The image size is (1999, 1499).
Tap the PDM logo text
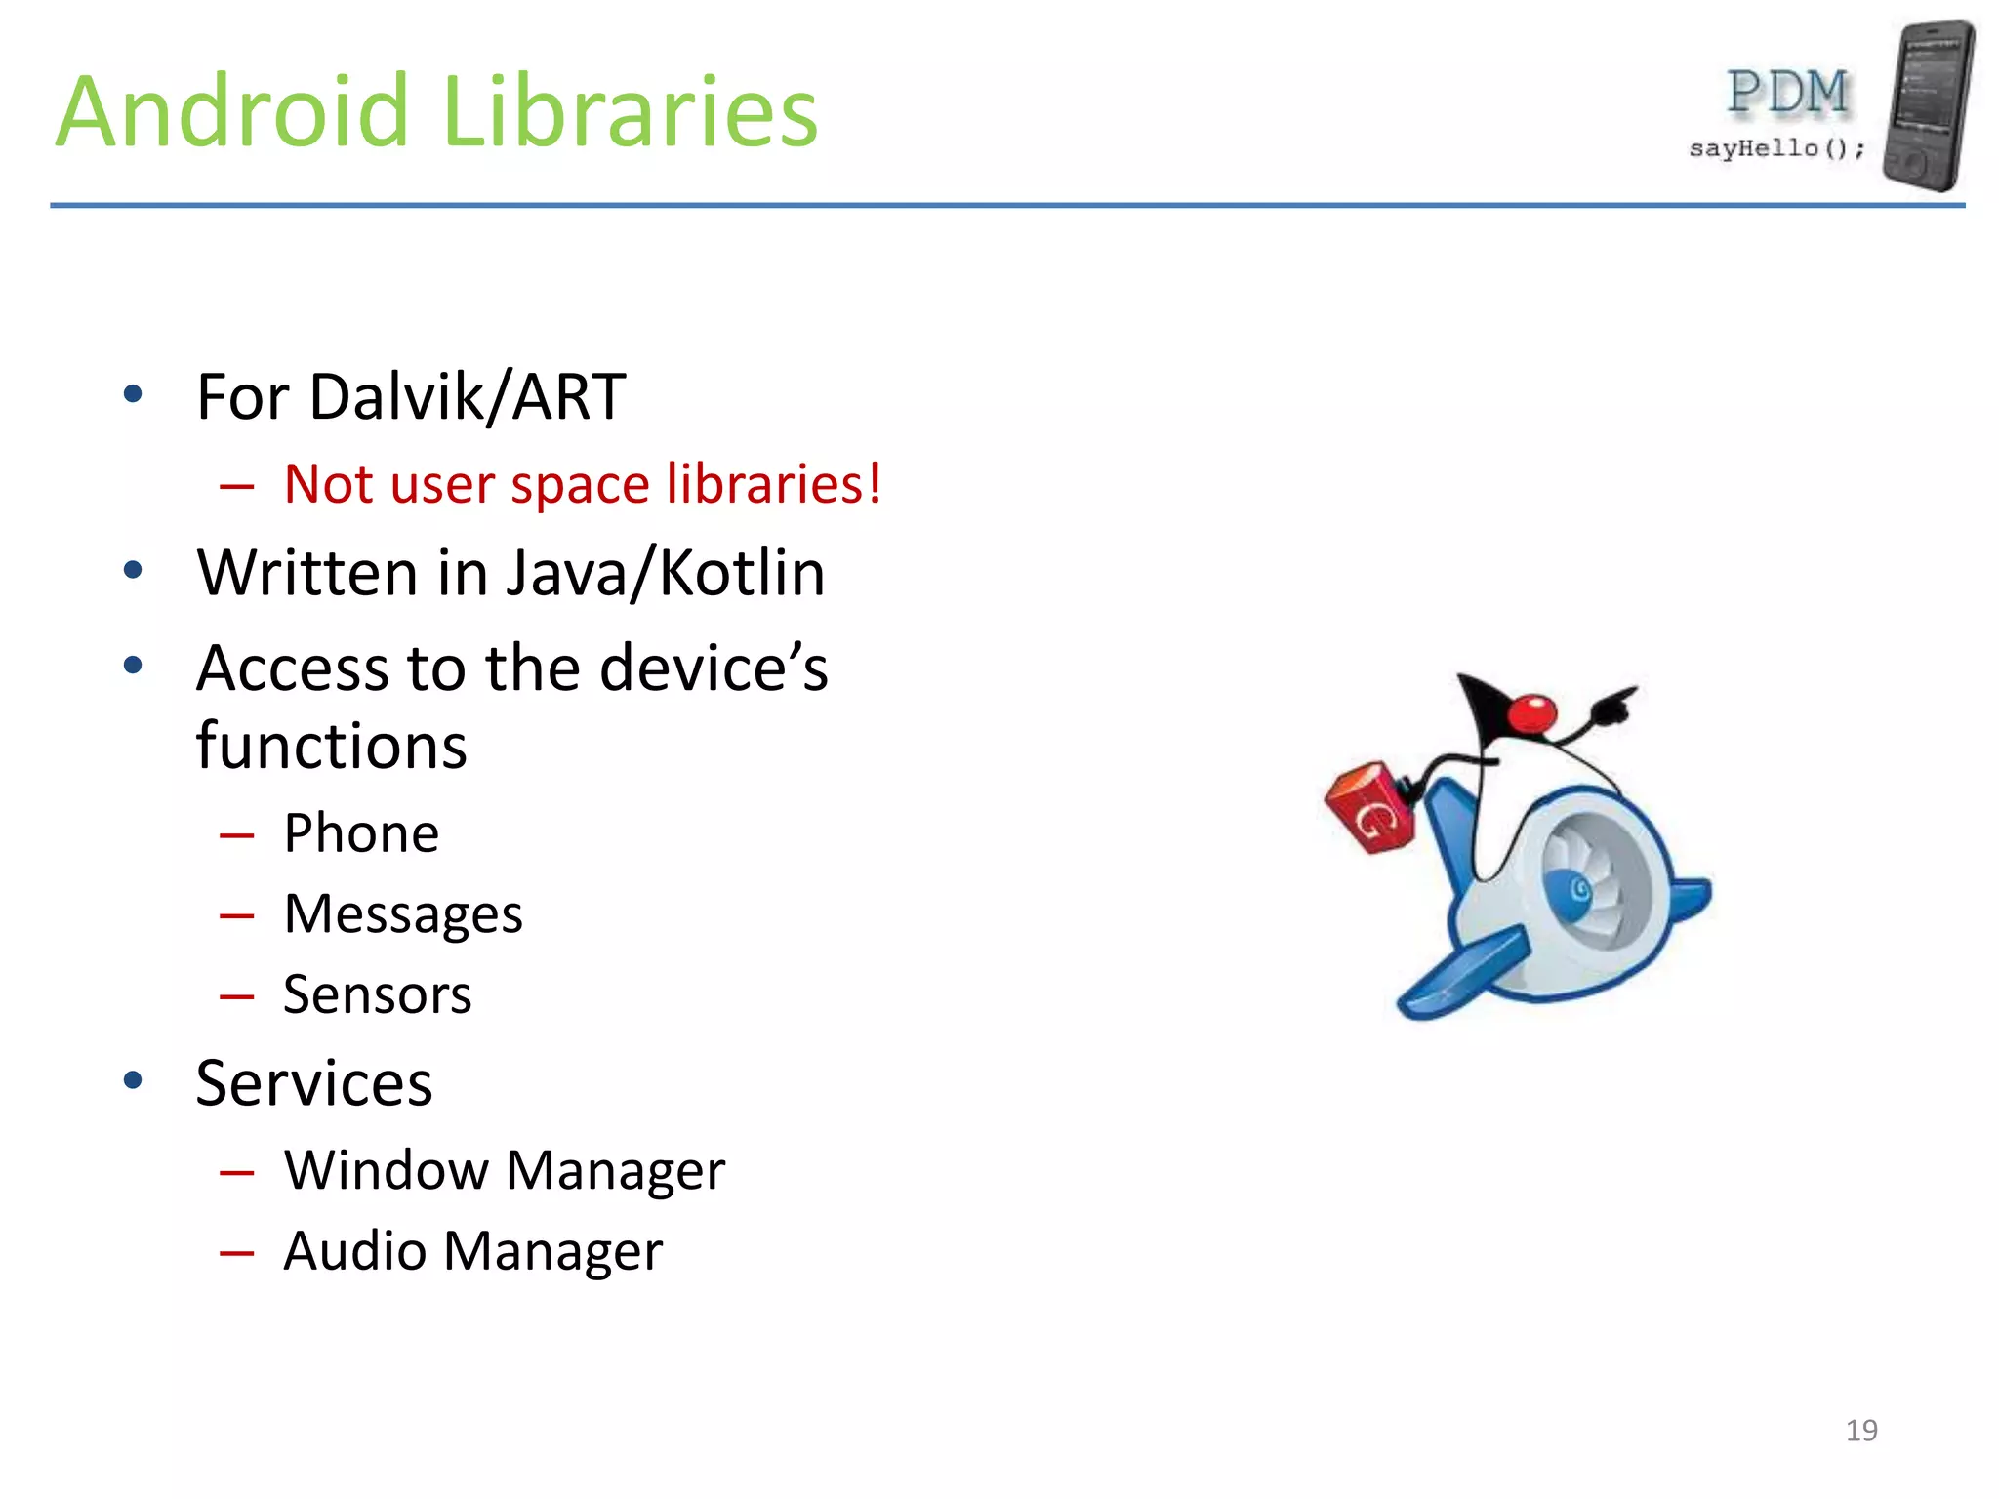tap(1787, 94)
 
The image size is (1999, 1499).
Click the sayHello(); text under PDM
tap(1776, 148)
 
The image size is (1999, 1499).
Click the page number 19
tap(1860, 1431)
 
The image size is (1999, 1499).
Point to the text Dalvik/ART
tap(467, 397)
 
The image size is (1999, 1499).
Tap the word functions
tap(332, 747)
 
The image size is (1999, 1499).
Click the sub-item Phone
tap(361, 834)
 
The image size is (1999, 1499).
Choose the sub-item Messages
tap(403, 915)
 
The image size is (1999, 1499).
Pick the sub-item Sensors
tap(378, 995)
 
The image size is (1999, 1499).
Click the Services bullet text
tap(313, 1083)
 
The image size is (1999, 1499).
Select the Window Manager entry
tap(504, 1170)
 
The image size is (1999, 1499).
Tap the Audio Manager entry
tap(472, 1251)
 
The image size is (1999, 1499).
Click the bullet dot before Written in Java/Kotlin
tap(134, 570)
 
